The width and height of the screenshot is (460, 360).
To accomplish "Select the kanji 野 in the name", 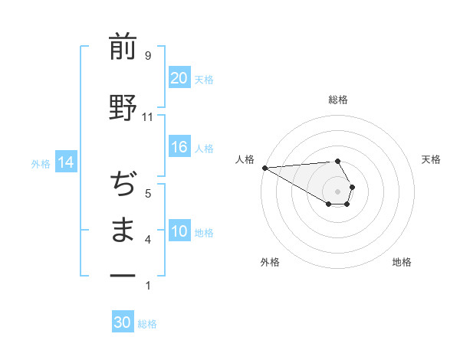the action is [x=123, y=107].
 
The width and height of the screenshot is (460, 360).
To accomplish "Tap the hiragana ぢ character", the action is [x=123, y=184].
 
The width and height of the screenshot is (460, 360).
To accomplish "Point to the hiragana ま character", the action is [x=123, y=230].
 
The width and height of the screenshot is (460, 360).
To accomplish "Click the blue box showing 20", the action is [x=179, y=78].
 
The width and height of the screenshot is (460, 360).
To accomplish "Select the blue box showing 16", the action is [x=179, y=148].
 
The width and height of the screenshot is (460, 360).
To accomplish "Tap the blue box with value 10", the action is [x=179, y=231].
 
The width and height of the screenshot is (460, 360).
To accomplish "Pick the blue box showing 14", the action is [x=65, y=162].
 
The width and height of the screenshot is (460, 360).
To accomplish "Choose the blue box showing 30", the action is [x=123, y=322].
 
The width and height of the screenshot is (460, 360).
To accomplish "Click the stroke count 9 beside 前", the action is [x=147, y=56].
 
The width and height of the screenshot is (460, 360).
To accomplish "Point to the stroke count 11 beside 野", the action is [x=147, y=117].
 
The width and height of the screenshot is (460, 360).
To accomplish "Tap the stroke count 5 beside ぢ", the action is [x=147, y=194].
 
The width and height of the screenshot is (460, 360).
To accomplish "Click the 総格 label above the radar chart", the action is [x=338, y=100].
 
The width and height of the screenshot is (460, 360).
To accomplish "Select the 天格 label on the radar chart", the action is [x=432, y=159].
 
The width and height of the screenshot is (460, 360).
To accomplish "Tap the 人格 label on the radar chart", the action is [x=245, y=159].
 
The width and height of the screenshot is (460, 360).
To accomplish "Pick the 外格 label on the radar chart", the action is [x=269, y=262].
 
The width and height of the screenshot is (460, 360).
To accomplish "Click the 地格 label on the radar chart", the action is [x=402, y=262].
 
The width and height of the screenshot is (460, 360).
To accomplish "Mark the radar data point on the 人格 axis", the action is [x=264, y=167].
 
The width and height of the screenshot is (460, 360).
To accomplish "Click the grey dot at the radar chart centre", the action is [x=338, y=191].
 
